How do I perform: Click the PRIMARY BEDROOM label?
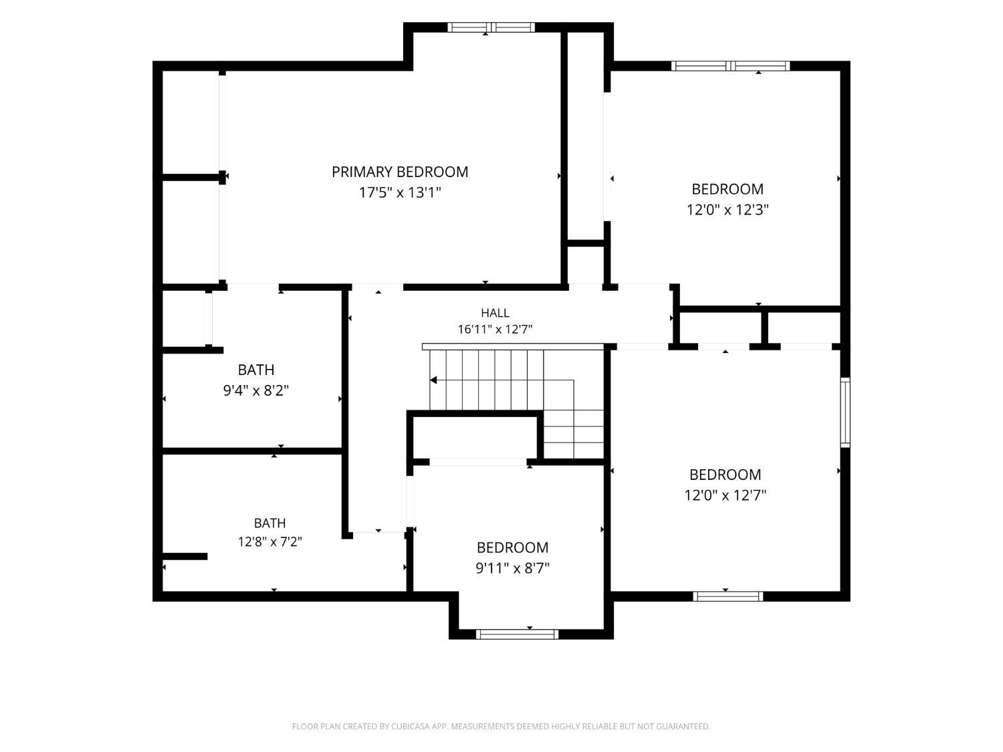(400, 172)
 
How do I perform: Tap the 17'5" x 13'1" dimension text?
(400, 193)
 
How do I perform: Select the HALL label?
(495, 314)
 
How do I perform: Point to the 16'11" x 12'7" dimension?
(495, 329)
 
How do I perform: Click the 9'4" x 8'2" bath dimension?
(256, 391)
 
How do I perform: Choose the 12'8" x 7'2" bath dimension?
(269, 542)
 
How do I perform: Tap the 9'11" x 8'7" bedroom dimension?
(512, 568)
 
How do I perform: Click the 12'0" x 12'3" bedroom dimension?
(728, 210)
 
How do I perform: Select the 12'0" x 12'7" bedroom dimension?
(726, 495)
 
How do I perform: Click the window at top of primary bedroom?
(491, 27)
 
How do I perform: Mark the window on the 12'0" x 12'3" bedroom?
(731, 66)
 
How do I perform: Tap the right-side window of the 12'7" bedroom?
(845, 412)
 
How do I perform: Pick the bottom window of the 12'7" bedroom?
(728, 596)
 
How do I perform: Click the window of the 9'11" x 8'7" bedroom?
(518, 634)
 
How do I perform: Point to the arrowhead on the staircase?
(433, 380)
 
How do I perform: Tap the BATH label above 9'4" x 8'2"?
(256, 370)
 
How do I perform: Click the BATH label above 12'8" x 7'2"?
(269, 523)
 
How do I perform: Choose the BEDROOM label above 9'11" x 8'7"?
(512, 547)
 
